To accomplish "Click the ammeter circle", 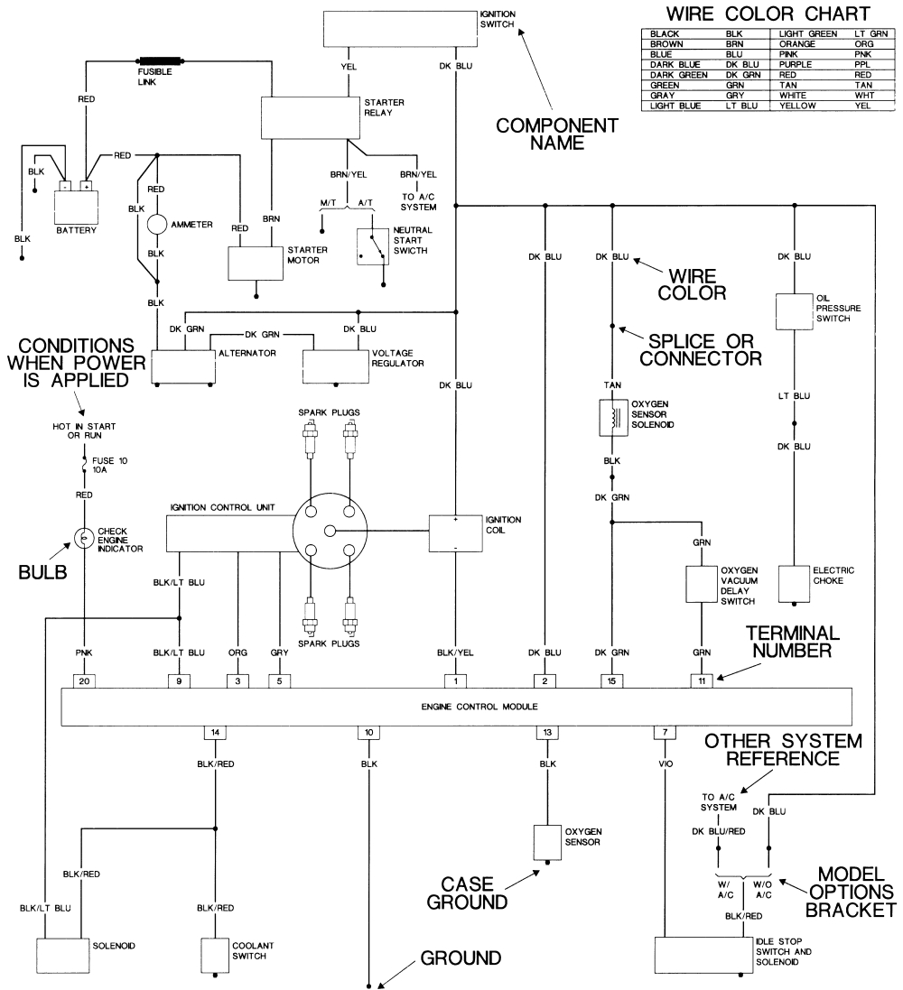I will point(158,223).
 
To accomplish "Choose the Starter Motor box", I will point(256,263).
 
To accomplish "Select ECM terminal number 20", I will point(84,680).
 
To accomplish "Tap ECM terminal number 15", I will point(612,680).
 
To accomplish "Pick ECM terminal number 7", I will point(665,731).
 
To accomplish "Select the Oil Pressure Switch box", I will point(794,310).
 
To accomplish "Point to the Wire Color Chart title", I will point(768,14).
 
